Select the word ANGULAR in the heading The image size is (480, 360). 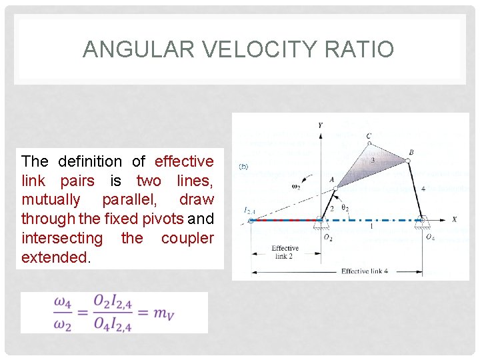pos(126,49)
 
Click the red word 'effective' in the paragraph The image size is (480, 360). pos(184,161)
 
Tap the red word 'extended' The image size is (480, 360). pos(54,257)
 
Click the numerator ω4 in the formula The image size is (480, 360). pos(63,301)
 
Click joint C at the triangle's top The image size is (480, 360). pos(369,141)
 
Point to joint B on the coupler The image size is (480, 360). pos(407,159)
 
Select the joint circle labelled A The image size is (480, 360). pos(336,189)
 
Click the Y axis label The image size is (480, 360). pos(320,125)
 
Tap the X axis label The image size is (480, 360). pos(454,219)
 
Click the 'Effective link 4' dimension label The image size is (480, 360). pos(365,271)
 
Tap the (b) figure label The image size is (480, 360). pos(243,167)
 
